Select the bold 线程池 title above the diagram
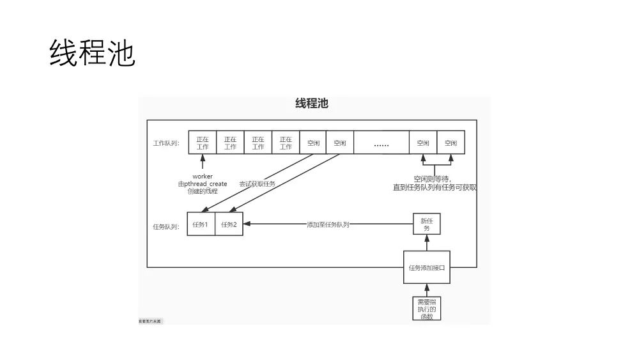[x=312, y=104]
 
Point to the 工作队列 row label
[x=166, y=143]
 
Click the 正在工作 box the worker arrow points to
[x=203, y=143]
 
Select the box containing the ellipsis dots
[x=381, y=143]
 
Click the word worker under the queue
[x=203, y=176]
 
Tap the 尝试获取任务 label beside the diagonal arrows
[x=257, y=184]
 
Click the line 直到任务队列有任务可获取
[x=435, y=187]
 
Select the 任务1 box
[x=201, y=224]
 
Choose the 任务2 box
[x=229, y=224]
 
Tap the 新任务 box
[x=427, y=224]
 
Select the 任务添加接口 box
[x=427, y=267]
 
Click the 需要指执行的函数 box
[x=426, y=308]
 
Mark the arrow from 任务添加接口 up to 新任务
[x=427, y=243]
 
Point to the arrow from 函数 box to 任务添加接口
[x=427, y=290]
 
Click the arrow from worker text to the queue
[x=203, y=162]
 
